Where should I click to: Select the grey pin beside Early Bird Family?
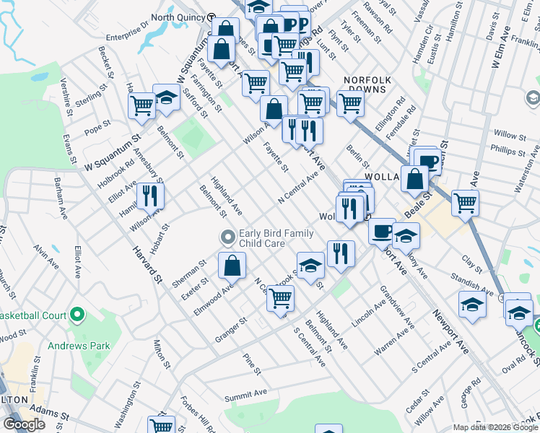tap(228, 237)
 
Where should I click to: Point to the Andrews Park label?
tap(79, 346)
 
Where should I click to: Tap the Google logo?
tap(24, 424)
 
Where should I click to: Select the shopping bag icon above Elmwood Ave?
tap(232, 266)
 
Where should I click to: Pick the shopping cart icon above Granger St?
tap(280, 297)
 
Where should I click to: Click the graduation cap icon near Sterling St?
tap(166, 100)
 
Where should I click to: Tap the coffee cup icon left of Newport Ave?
tap(381, 231)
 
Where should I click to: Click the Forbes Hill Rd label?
tap(194, 414)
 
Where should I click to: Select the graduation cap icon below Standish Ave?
tap(472, 305)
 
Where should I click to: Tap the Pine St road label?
tap(251, 364)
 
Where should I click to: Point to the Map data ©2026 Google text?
tap(495, 427)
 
